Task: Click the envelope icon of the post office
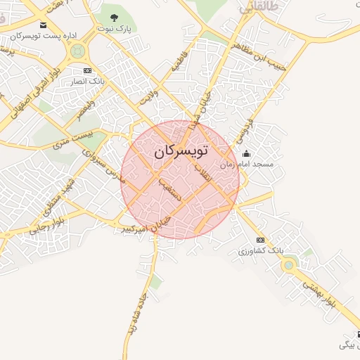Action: coord(44,25)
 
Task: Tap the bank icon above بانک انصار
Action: coord(87,71)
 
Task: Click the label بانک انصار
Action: coord(87,82)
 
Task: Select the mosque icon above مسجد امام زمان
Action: coord(245,154)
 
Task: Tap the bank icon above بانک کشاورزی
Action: coord(260,240)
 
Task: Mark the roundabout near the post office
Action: coord(79,51)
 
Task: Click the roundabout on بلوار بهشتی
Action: coord(288,265)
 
